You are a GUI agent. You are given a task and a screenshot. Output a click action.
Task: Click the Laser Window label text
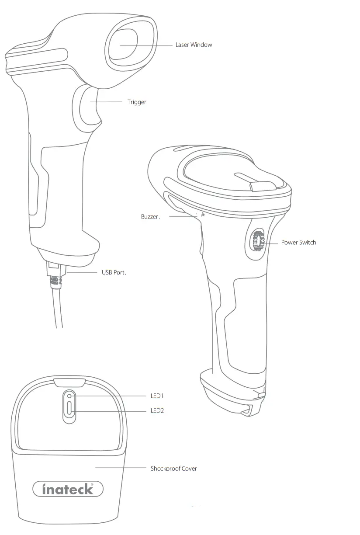194,45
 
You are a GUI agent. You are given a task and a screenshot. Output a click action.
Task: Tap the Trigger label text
137,102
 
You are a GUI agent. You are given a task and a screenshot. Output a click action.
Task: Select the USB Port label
114,272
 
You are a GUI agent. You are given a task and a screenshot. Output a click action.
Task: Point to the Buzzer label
150,216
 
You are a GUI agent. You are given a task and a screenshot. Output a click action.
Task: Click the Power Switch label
298,242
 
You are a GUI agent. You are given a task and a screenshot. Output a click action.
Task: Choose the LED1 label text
157,396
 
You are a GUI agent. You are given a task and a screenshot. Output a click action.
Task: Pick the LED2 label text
157,411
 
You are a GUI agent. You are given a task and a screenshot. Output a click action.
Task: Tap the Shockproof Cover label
173,468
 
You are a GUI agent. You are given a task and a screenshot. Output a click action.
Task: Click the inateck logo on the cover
68,489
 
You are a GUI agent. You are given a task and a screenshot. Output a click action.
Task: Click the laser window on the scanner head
123,45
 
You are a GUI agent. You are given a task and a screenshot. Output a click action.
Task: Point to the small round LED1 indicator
69,396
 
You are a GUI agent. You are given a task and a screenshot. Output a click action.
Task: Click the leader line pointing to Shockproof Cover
120,467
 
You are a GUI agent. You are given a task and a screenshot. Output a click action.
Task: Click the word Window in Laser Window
201,45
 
